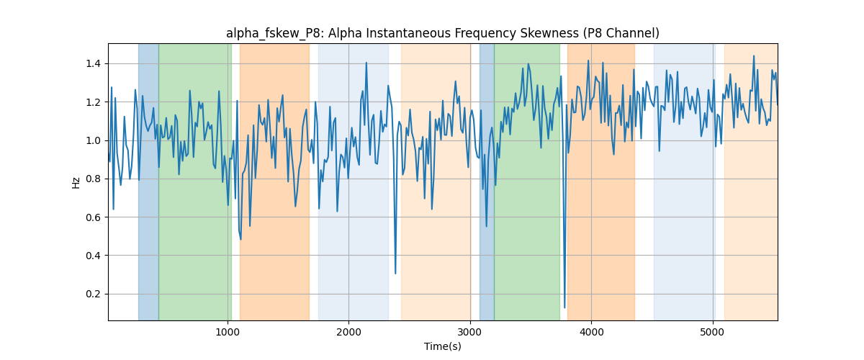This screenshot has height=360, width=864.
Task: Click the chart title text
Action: pos(442,34)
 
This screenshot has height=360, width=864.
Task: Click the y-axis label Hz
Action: pos(76,183)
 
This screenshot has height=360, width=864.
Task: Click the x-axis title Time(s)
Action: pos(442,346)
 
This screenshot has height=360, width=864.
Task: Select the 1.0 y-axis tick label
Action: pos(94,140)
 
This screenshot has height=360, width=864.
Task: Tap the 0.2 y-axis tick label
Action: pos(94,294)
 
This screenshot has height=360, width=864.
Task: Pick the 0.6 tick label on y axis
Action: pos(94,217)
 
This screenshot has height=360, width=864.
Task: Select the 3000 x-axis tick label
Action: pos(470,333)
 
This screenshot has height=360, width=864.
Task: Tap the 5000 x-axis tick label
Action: pos(713,333)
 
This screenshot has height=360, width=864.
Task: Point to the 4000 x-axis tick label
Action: pos(591,333)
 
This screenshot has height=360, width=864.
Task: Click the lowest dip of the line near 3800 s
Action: pos(564,307)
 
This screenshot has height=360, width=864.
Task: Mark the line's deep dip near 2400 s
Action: pos(395,274)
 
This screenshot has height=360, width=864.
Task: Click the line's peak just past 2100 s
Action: pos(366,63)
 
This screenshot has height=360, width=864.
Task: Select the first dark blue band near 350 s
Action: pos(148,181)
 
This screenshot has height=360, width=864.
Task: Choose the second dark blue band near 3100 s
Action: pos(487,181)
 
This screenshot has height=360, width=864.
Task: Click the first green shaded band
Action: pos(195,181)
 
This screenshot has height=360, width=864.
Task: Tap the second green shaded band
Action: pos(527,181)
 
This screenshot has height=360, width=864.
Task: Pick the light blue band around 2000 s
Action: pos(354,181)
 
